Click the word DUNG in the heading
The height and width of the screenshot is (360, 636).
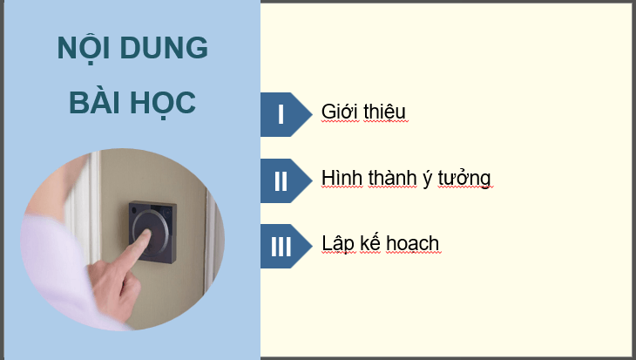pos(169,48)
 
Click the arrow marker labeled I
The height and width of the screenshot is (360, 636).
pos(282,114)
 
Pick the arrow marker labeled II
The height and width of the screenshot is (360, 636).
pos(282,180)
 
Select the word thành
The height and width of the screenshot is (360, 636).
pos(389,179)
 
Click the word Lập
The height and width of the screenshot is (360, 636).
pos(337,243)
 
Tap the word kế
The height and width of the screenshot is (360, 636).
pos(374,243)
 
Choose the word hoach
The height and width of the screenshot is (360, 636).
pos(416,243)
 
